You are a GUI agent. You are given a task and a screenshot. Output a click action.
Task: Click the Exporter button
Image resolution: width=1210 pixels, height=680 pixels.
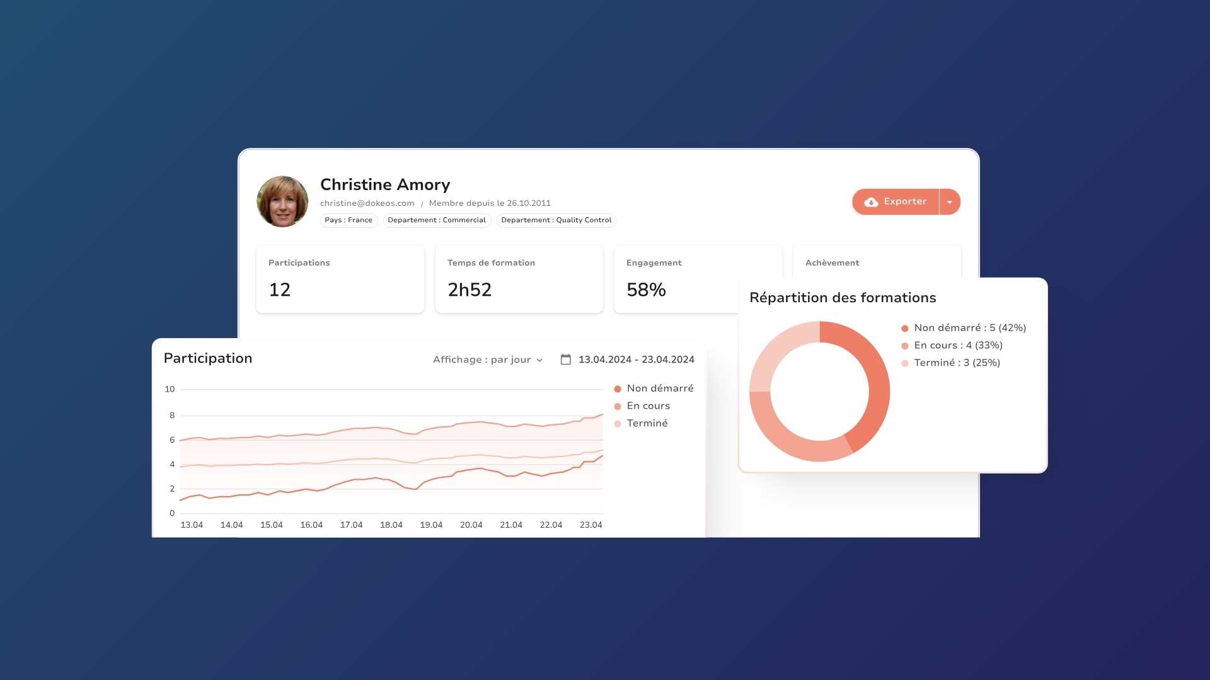point(896,202)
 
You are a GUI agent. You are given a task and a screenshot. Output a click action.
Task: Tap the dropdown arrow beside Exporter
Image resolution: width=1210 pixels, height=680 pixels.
point(950,202)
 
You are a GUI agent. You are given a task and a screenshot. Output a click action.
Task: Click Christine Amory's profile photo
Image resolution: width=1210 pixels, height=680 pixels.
point(282,201)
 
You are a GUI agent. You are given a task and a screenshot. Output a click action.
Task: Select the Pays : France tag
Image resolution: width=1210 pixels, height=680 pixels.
point(349,220)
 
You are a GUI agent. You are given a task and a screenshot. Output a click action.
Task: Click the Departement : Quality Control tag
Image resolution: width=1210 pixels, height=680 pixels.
point(556,220)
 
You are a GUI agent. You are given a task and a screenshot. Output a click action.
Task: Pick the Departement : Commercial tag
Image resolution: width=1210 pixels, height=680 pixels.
point(437,220)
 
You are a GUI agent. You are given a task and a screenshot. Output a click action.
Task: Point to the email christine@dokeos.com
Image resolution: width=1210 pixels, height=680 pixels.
point(367,203)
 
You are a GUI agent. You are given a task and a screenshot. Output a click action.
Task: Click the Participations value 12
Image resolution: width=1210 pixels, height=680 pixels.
point(280,290)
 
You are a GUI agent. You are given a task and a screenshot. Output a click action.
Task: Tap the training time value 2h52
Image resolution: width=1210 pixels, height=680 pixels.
point(470,290)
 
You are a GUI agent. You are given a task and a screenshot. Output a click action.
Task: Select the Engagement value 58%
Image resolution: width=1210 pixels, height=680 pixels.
point(646,290)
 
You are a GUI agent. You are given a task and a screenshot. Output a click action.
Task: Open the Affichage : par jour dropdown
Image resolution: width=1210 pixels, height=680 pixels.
point(488,360)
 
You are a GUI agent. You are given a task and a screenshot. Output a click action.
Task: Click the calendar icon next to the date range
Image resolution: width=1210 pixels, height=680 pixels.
point(566,360)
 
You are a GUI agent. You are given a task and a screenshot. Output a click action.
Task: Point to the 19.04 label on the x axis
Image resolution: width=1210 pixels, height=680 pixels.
point(431,525)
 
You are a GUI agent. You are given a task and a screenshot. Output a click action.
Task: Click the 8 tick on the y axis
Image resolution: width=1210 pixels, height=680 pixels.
point(172,416)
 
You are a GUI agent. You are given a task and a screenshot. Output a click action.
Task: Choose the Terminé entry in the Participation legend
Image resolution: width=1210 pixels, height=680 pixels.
point(641,423)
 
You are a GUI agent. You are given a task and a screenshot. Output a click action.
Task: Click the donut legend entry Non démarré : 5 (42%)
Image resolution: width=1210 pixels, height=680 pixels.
point(964,328)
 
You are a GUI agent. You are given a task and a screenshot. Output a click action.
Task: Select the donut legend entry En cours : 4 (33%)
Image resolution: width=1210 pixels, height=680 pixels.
point(952,346)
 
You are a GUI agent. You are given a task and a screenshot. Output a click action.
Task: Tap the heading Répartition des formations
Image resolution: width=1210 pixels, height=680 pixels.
point(843,298)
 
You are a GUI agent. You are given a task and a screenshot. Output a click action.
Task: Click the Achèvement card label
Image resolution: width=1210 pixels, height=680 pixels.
point(832,263)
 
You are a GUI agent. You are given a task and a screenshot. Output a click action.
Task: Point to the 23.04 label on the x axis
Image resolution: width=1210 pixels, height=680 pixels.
point(591,525)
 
